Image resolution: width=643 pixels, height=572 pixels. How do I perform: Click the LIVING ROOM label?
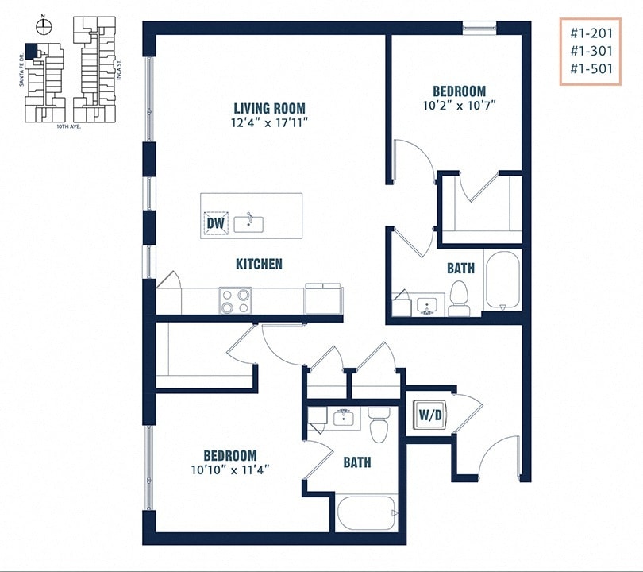[x=269, y=108]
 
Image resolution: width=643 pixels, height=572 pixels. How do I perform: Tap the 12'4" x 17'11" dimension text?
[x=269, y=122]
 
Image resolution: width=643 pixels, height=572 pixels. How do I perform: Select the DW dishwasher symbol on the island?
[x=216, y=222]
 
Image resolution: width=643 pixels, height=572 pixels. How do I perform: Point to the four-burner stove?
[x=235, y=300]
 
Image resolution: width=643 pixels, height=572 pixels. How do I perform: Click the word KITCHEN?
[x=259, y=264]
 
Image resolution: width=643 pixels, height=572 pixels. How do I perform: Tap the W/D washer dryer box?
[x=430, y=413]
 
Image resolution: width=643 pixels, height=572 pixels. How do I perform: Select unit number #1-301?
[x=591, y=50]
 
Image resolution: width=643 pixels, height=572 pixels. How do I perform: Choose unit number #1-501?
[x=591, y=68]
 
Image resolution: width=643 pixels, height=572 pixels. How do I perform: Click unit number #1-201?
[x=591, y=33]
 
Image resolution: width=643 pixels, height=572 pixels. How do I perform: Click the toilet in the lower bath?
[x=379, y=424]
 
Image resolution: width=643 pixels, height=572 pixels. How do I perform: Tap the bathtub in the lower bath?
[x=366, y=513]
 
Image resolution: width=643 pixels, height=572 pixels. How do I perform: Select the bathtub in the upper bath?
[x=502, y=279]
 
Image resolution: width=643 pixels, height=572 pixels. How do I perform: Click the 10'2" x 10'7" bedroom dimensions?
[x=459, y=105]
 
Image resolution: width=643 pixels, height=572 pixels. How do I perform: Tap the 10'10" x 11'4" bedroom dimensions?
[x=229, y=469]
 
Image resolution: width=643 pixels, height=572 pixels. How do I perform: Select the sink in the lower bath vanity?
[x=344, y=417]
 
